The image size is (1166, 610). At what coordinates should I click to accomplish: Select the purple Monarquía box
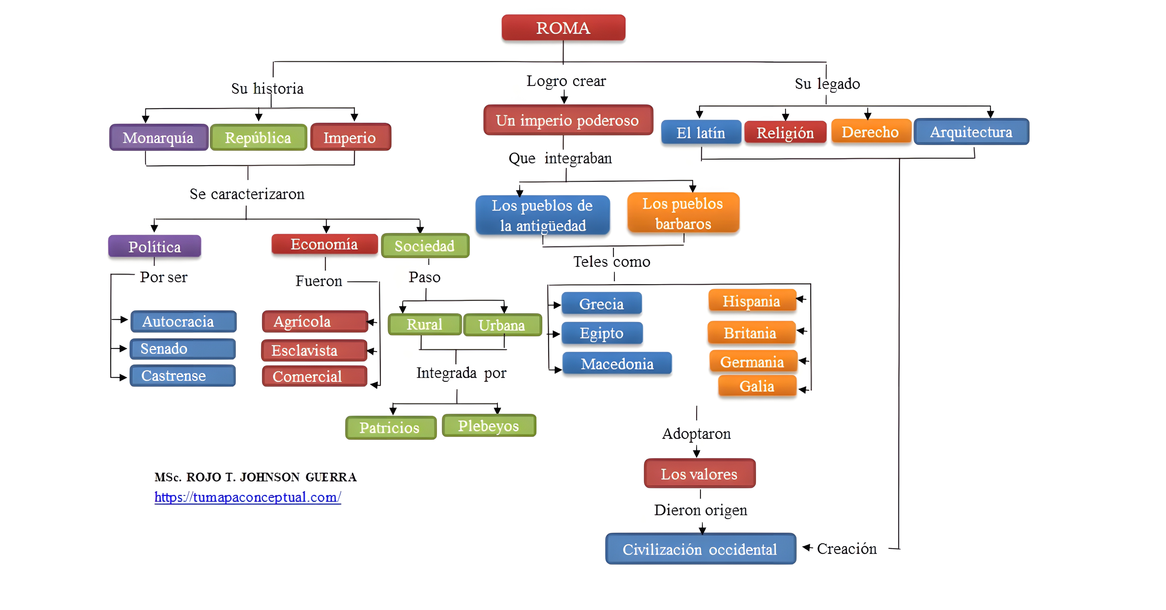tap(158, 137)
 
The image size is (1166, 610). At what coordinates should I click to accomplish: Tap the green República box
tap(258, 137)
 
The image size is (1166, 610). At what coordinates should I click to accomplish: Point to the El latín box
tap(701, 133)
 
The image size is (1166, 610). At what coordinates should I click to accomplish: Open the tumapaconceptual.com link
tap(248, 497)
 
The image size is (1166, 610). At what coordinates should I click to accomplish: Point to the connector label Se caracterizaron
tap(247, 194)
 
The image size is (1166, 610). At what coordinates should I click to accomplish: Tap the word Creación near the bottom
tap(846, 549)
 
